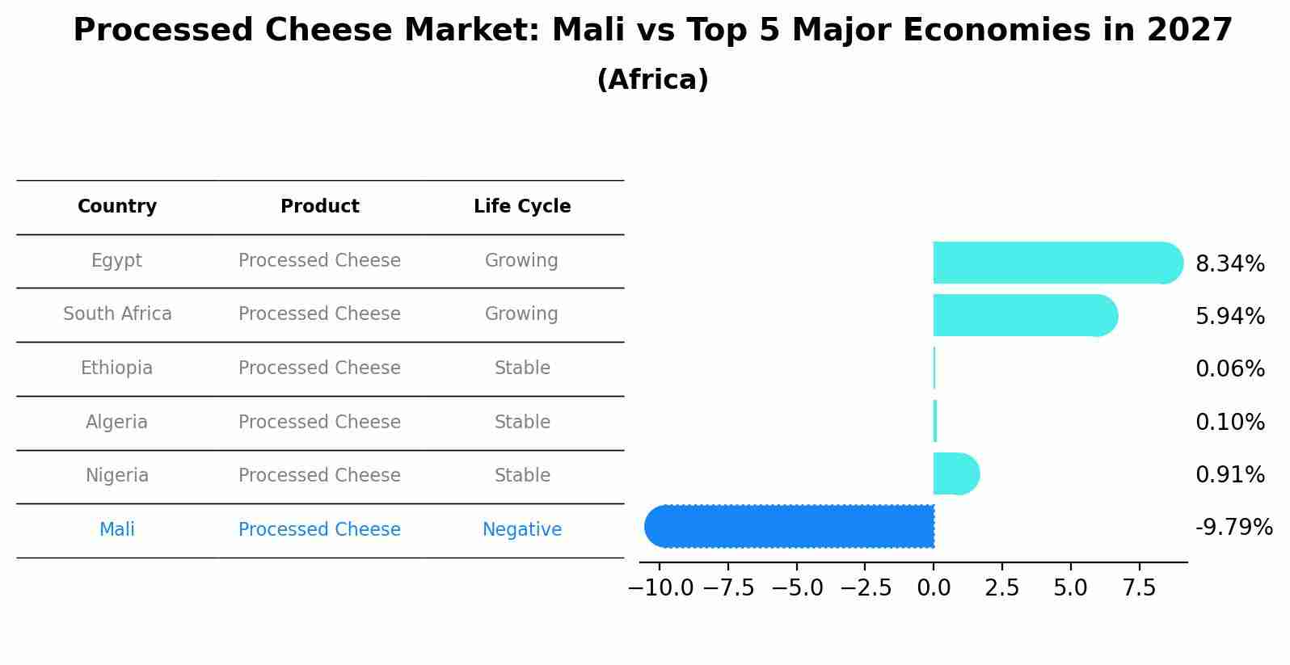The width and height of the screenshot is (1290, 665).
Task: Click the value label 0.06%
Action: click(x=1229, y=369)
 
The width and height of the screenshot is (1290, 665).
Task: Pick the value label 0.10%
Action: click(x=1229, y=422)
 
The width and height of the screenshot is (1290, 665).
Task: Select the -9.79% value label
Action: click(x=1233, y=528)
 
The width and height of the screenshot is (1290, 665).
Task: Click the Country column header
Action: click(x=117, y=207)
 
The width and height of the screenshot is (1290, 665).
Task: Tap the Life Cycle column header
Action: click(x=522, y=207)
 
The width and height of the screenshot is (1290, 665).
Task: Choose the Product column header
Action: click(x=320, y=207)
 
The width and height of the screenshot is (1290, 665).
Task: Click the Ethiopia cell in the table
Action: click(x=116, y=368)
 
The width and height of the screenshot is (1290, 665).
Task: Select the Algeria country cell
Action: click(x=116, y=422)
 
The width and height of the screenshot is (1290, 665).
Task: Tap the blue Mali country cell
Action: click(x=116, y=530)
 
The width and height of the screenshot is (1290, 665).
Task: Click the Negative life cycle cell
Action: click(x=522, y=530)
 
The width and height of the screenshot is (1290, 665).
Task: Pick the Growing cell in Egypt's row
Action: click(x=521, y=261)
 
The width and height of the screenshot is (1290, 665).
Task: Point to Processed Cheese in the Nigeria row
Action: click(x=319, y=476)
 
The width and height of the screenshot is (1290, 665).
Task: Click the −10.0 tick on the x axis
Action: click(x=660, y=588)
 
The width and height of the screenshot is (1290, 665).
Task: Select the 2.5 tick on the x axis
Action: click(x=1002, y=588)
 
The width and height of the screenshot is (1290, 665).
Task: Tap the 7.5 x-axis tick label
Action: click(x=1139, y=588)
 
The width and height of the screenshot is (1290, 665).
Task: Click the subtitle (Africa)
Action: click(x=652, y=80)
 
